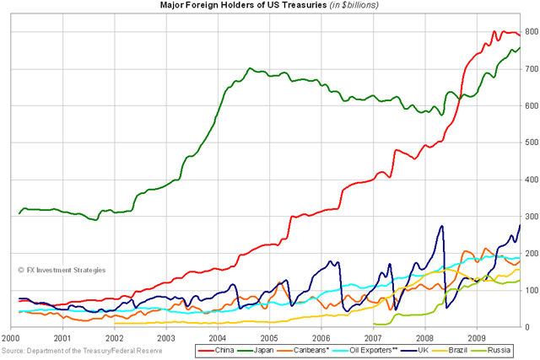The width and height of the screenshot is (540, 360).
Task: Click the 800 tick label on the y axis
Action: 531,32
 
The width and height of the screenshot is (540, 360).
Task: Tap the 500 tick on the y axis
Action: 531,142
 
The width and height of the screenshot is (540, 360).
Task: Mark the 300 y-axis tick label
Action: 531,217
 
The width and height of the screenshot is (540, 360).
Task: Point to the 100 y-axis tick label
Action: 531,290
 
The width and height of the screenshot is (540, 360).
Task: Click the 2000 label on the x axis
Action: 10,336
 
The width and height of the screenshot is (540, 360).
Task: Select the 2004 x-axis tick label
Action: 218,336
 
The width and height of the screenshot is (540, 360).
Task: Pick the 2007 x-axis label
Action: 372,336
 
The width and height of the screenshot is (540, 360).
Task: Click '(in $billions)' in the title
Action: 348,5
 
